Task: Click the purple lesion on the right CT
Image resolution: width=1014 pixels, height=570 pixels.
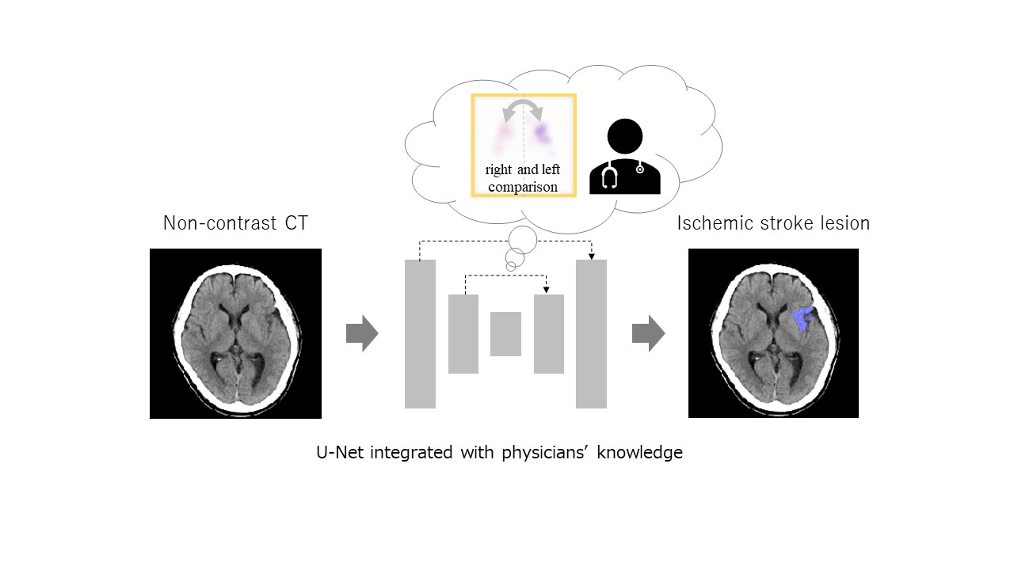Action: click(x=803, y=318)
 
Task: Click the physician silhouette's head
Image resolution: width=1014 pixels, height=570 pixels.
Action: click(x=625, y=136)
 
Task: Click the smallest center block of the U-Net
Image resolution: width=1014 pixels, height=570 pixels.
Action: click(x=505, y=334)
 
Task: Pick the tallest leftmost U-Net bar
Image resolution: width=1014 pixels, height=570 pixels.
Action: click(x=420, y=334)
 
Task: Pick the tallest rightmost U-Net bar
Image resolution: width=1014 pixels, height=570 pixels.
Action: click(x=591, y=334)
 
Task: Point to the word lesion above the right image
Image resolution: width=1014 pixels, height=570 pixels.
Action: click(x=844, y=223)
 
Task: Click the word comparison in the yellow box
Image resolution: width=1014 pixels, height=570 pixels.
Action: click(x=523, y=188)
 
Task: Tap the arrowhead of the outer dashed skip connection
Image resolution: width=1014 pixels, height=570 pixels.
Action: click(x=591, y=255)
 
